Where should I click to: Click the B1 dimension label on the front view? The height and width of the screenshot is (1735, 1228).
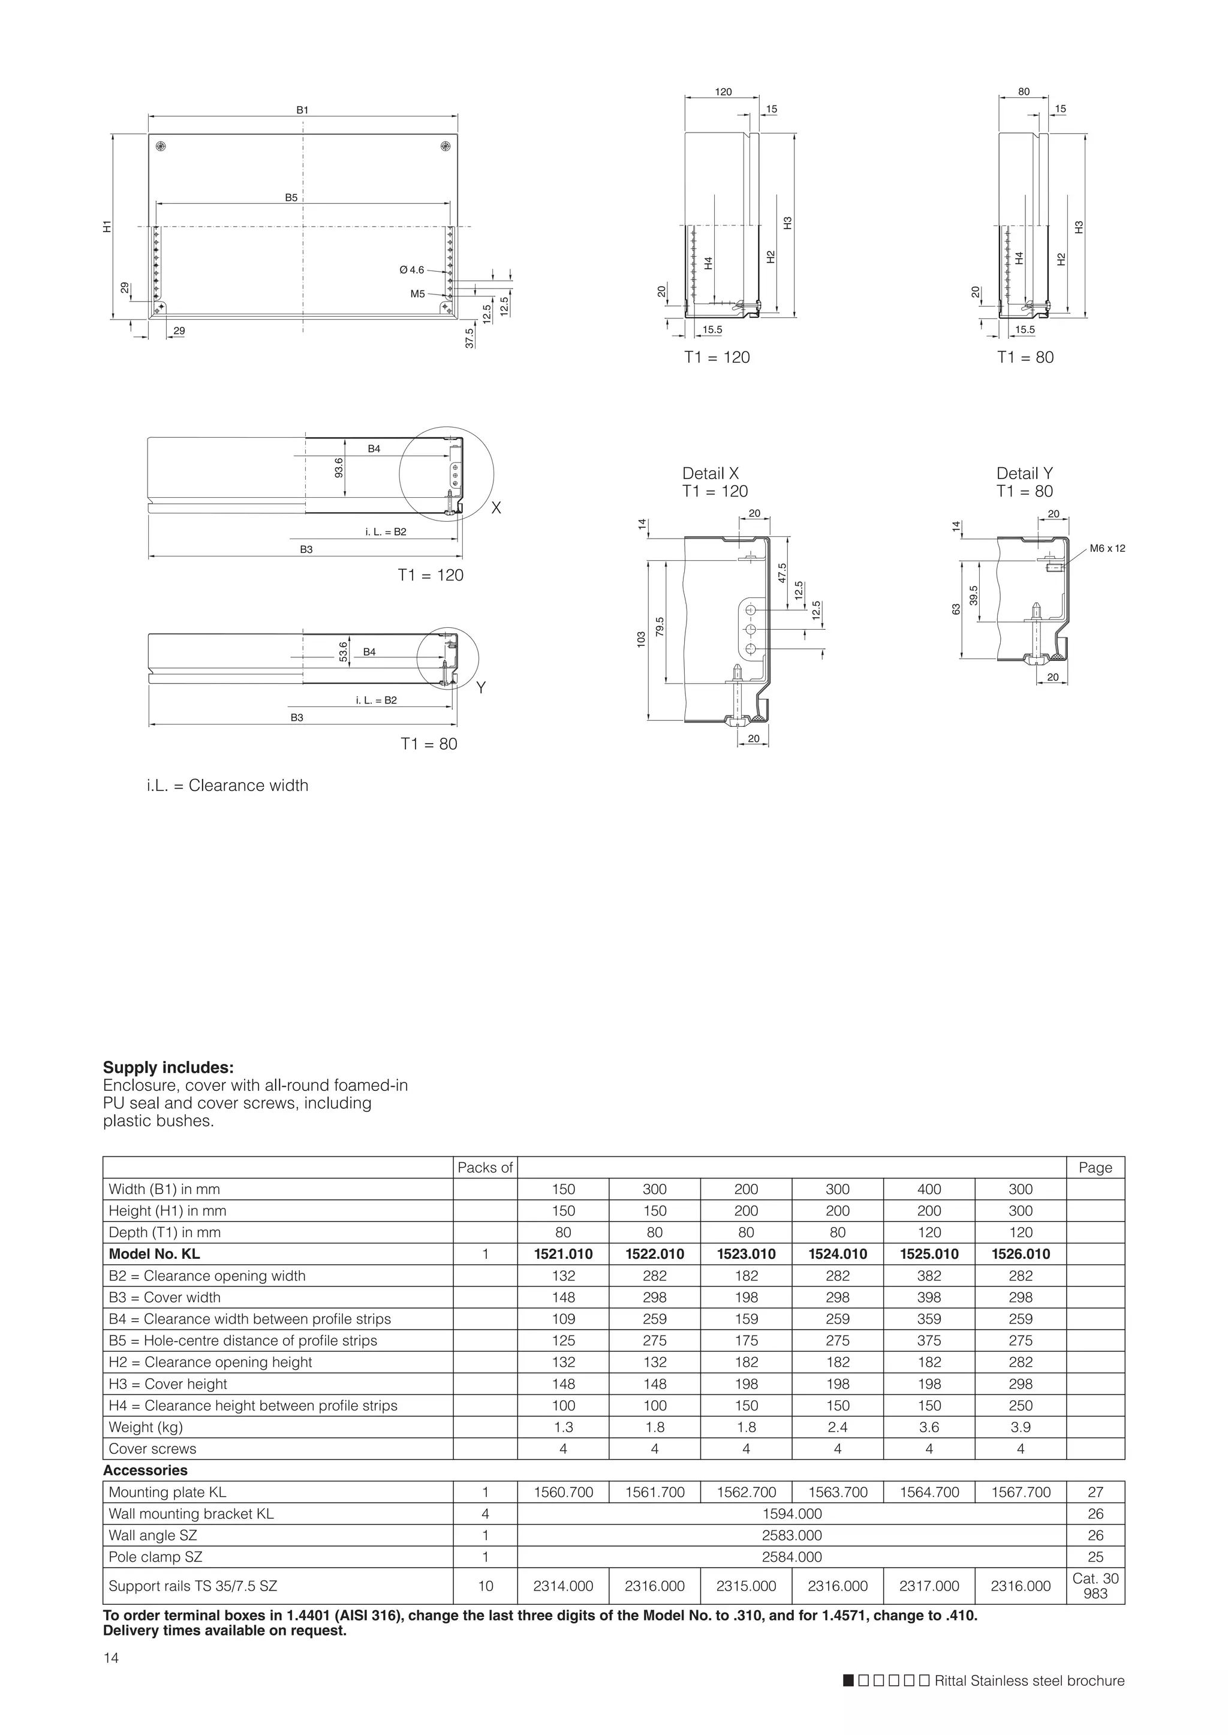(302, 110)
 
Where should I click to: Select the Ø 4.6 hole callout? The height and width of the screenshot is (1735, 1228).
(412, 270)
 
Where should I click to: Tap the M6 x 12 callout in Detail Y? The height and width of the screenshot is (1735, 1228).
(1107, 548)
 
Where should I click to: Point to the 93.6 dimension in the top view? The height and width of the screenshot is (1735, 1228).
(339, 467)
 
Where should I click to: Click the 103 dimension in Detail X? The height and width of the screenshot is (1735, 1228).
(641, 639)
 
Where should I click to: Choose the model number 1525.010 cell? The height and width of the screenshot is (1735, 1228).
(929, 1254)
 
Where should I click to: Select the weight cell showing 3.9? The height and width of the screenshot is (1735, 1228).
(1020, 1427)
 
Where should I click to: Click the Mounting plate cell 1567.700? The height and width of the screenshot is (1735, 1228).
(1020, 1492)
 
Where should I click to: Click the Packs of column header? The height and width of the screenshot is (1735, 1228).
(484, 1168)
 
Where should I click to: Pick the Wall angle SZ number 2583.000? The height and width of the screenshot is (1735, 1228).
(791, 1535)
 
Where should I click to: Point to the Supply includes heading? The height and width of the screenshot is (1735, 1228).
(168, 1068)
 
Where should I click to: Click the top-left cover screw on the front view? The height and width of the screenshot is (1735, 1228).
(160, 145)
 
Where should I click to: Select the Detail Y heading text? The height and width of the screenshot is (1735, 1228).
(1024, 473)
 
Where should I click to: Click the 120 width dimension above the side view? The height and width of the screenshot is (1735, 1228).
(723, 92)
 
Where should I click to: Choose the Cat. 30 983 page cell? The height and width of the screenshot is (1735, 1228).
(1095, 1586)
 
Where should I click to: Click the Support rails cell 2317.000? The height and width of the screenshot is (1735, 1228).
(929, 1586)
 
